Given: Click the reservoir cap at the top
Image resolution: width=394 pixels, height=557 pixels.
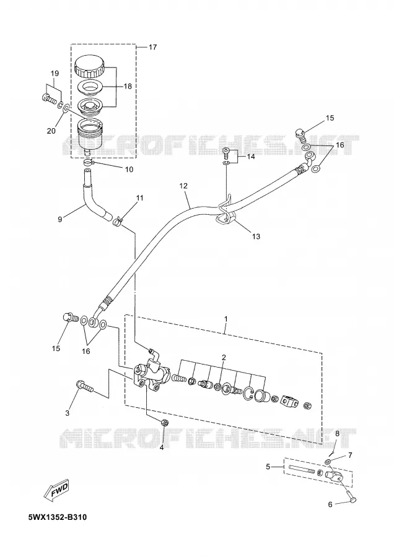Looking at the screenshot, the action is click(x=89, y=66).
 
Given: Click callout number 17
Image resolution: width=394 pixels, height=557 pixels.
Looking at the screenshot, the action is click(x=152, y=47).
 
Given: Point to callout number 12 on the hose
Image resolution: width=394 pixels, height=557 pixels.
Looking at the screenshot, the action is click(x=183, y=186).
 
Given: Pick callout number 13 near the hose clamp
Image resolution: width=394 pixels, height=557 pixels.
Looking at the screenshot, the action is click(x=256, y=236).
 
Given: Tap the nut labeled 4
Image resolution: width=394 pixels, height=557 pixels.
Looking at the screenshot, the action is click(x=164, y=423).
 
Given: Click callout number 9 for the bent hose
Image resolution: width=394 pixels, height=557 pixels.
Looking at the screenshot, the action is click(x=59, y=220).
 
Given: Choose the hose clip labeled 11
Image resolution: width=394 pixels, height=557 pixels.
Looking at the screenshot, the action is click(x=117, y=222).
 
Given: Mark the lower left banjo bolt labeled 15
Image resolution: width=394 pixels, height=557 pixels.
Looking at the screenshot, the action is click(x=71, y=317).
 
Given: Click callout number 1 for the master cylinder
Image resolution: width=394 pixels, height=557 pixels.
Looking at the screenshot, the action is click(x=225, y=319).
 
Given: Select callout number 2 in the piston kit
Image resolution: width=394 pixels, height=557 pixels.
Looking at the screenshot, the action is click(x=224, y=357).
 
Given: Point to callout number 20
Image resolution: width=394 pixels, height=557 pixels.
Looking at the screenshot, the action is click(x=51, y=131).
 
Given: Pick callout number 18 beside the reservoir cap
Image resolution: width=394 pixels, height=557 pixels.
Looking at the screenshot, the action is click(x=127, y=86).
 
